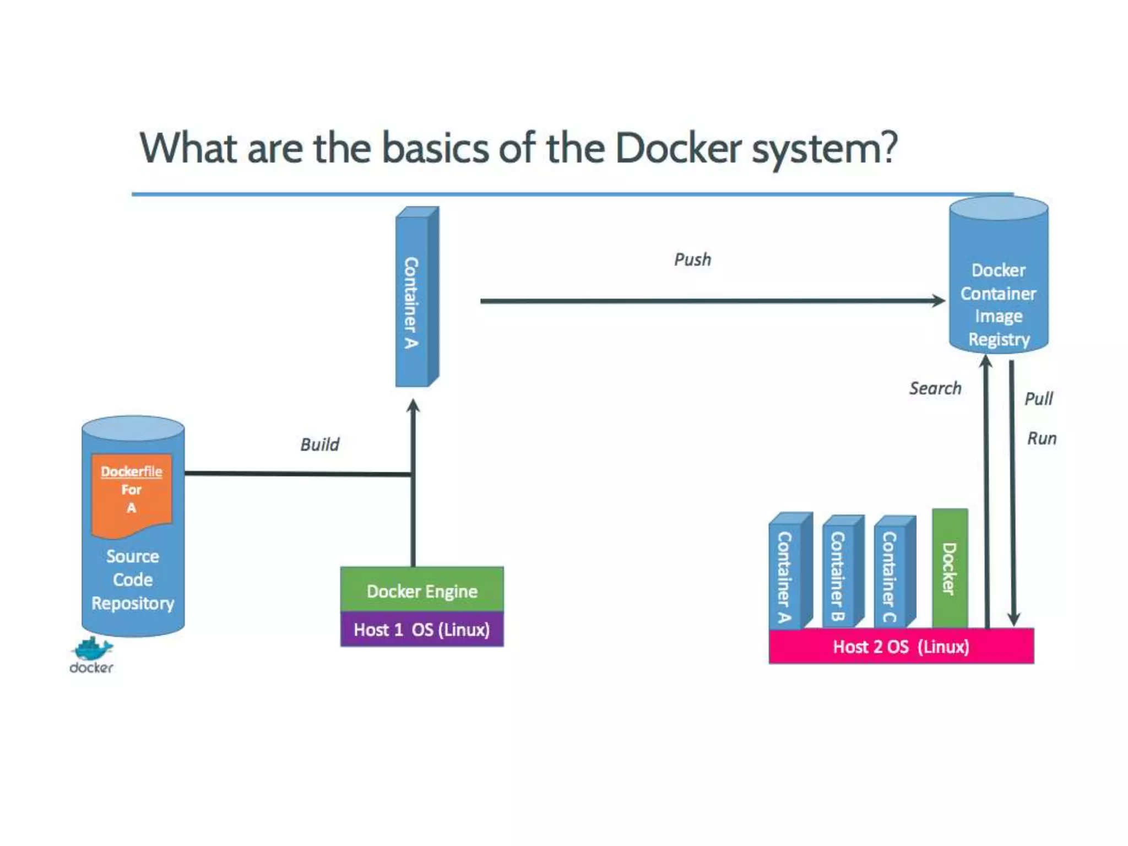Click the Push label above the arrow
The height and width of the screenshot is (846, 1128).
[x=692, y=259]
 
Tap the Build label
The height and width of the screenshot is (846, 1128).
[x=319, y=444]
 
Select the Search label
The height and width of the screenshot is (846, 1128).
[x=935, y=388]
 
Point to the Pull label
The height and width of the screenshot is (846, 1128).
[x=1038, y=398]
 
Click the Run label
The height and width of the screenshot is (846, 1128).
[x=1042, y=438]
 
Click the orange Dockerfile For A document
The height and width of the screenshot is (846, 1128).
[x=132, y=492]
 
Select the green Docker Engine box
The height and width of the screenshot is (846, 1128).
[x=422, y=590]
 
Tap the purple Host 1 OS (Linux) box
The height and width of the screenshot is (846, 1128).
[x=422, y=630]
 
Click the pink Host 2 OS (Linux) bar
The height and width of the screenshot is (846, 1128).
[x=901, y=646]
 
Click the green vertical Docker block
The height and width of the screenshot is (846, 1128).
[x=950, y=569]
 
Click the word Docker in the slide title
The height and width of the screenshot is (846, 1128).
[x=678, y=148]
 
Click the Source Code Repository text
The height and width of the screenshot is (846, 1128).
[x=133, y=579]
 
